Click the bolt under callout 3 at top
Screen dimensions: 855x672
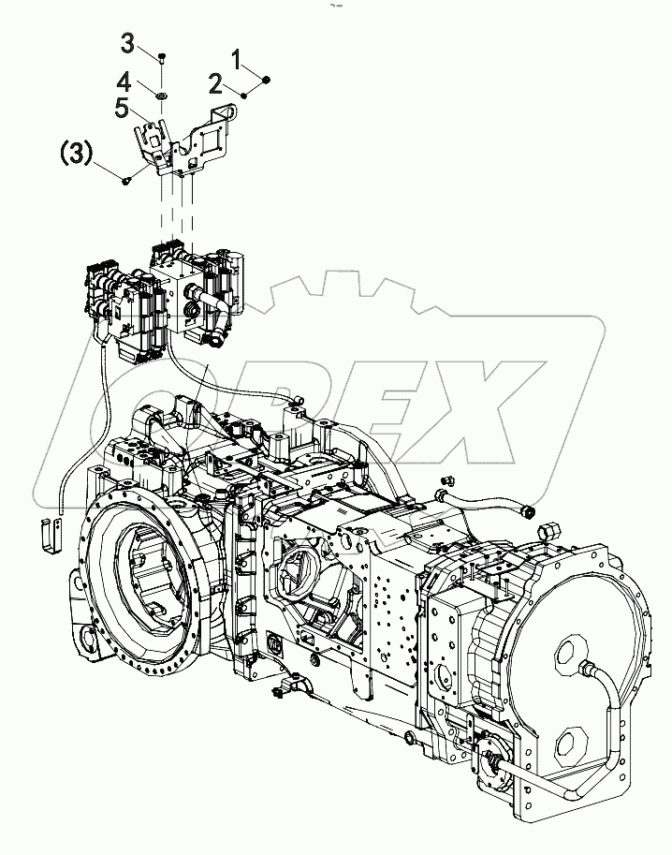163,58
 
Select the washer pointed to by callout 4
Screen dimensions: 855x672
163,95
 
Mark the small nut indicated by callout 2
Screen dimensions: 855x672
244,95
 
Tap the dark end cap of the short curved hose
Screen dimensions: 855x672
528,512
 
